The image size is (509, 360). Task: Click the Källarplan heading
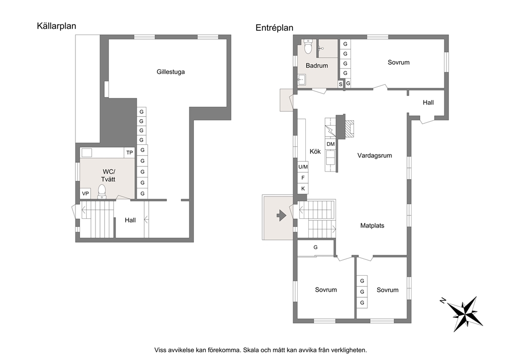point(56,26)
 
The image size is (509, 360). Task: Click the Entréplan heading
point(275,28)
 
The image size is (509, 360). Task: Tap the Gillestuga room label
point(171,72)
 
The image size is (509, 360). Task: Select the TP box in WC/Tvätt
point(129,153)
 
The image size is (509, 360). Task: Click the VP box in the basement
point(85,194)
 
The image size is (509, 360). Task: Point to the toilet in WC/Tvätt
point(102,192)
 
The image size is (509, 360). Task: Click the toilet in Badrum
point(308,46)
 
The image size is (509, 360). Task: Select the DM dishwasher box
point(330,144)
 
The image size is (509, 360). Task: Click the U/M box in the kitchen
point(303,167)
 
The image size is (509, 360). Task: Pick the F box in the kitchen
point(303,178)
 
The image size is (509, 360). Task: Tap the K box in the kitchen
point(303,188)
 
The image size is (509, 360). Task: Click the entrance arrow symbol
point(281,215)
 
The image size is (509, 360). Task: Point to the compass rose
point(465,313)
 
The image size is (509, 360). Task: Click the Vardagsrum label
point(375,156)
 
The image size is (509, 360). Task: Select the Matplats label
point(373,225)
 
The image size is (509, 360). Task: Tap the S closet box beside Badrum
point(341,84)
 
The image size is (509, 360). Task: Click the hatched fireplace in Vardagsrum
point(349,129)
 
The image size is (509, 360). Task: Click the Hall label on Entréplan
point(428,103)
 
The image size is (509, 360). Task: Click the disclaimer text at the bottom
point(261,350)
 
